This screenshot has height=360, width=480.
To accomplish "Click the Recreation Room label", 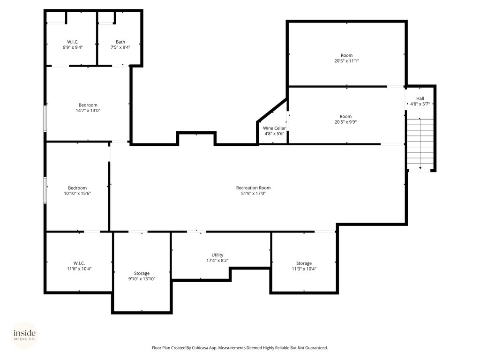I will coord(253,188).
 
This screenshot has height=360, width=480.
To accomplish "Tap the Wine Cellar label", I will coord(274,128).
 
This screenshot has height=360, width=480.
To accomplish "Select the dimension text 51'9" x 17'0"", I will coord(253,193).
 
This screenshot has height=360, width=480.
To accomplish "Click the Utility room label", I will coord(217,255).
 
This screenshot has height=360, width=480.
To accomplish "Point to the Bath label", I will coord(120,42).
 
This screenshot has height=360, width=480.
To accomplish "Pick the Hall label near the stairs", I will coord(420,98).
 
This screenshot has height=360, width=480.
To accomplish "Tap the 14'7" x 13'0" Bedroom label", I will coord(88,105).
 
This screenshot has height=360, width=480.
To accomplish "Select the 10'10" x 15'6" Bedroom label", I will coord(77,188).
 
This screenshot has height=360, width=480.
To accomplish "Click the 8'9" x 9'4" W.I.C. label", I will coord(73,42).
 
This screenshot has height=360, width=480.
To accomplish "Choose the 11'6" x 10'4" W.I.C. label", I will coord(79,263).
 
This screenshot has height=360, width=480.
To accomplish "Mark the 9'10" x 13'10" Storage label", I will coord(142,273).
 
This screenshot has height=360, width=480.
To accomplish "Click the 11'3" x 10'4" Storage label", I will coord(304,263).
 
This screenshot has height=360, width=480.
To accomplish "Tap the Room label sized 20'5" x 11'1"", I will coord(346,55).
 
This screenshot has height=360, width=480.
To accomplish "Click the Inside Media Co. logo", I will coord(24,335).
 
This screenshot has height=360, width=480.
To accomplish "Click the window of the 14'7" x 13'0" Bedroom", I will coord(45,119).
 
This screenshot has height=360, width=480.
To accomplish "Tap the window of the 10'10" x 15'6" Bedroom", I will coord(45,190).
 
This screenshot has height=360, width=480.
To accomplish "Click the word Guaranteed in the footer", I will coord(315,348).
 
